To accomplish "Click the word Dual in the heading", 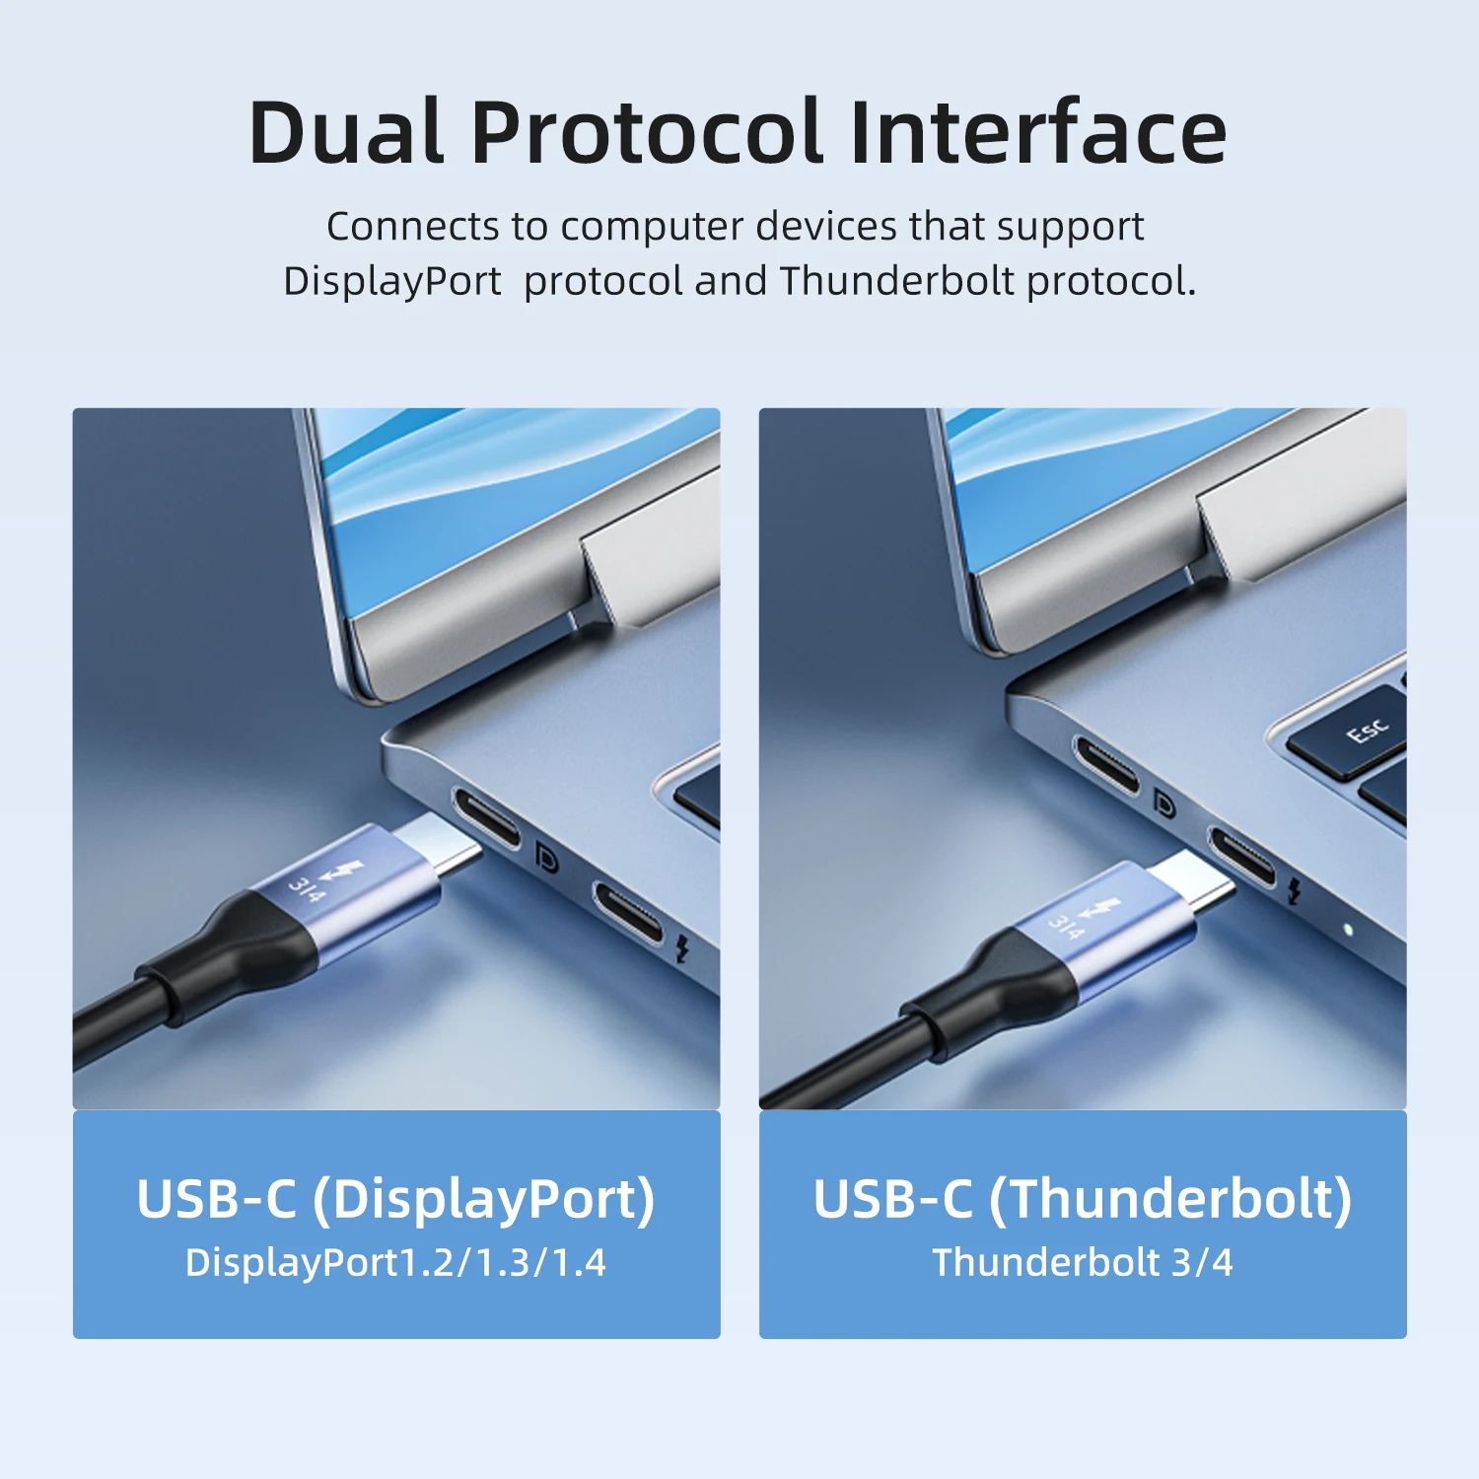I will coord(346,132).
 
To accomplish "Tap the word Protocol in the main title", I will coord(646,132).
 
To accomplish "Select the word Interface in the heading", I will coord(1036,132).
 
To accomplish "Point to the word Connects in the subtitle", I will coord(413,227).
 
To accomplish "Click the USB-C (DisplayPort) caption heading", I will coord(395,1199).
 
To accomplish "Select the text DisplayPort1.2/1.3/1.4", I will coord(395,1263).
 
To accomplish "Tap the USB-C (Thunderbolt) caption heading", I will coord(1082,1199).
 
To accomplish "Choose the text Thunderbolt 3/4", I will coord(1082,1263).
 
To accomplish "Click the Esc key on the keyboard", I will coord(1368,732).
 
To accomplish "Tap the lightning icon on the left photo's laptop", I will coord(681,949).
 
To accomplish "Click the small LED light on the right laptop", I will coord(1347,929).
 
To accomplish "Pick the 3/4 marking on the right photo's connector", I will coord(1065,927).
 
